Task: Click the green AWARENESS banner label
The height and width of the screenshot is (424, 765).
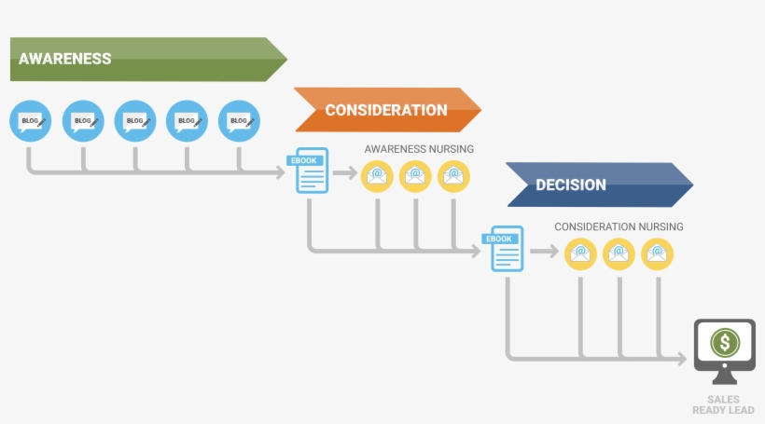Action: click(65, 59)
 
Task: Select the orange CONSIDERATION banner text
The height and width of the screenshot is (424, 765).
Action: click(385, 110)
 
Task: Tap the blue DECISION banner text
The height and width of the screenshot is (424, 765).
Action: click(570, 185)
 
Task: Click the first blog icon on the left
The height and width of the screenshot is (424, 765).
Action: click(31, 121)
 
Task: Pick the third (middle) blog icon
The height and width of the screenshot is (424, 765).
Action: click(135, 121)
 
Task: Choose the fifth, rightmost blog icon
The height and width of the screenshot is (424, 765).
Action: click(239, 121)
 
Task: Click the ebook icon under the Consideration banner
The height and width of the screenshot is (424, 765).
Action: click(311, 171)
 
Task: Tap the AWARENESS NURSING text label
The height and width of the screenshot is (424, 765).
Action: click(419, 149)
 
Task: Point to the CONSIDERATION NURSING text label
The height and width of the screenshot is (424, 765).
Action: click(619, 226)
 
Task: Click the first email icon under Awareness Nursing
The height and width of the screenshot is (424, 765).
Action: click(377, 175)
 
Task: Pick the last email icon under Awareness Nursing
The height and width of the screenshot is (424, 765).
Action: click(453, 175)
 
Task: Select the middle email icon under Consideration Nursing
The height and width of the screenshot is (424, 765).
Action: click(619, 253)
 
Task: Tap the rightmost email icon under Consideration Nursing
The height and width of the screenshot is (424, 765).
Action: click(657, 253)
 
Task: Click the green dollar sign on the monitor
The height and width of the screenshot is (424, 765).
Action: click(725, 342)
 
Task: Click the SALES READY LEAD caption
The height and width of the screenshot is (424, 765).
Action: click(724, 404)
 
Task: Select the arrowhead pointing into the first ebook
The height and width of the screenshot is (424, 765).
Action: click(281, 172)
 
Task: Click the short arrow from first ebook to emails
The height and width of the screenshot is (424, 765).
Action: click(345, 173)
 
